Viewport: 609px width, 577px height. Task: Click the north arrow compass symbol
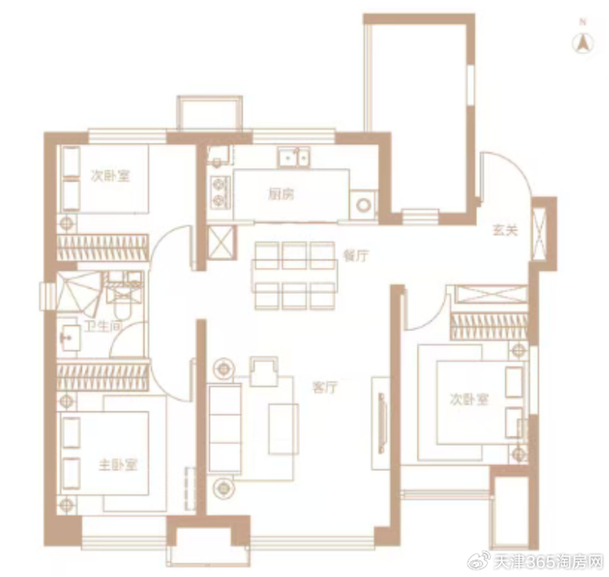[x=583, y=43]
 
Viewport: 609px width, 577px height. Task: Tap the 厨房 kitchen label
[x=281, y=194]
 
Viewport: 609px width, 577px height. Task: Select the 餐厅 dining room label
[x=356, y=256]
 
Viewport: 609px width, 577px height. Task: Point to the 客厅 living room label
[x=325, y=387]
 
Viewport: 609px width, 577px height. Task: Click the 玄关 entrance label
[x=505, y=230]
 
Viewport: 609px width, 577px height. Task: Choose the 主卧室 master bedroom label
[x=118, y=465]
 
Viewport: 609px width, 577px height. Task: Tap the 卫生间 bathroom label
[x=103, y=326]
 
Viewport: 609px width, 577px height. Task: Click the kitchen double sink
[x=294, y=158]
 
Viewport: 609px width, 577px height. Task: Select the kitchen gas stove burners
[x=220, y=192]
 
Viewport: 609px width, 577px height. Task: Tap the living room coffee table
[x=284, y=429]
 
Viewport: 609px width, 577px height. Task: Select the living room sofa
[x=224, y=428]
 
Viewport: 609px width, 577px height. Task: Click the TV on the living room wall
[x=382, y=423]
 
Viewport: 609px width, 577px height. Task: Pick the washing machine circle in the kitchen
[x=364, y=205]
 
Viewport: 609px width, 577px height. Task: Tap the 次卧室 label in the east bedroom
[x=469, y=399]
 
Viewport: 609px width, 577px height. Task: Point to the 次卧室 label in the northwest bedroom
[x=110, y=176]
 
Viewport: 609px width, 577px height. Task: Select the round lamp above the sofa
[x=223, y=368]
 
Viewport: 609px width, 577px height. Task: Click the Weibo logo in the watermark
[x=479, y=561]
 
